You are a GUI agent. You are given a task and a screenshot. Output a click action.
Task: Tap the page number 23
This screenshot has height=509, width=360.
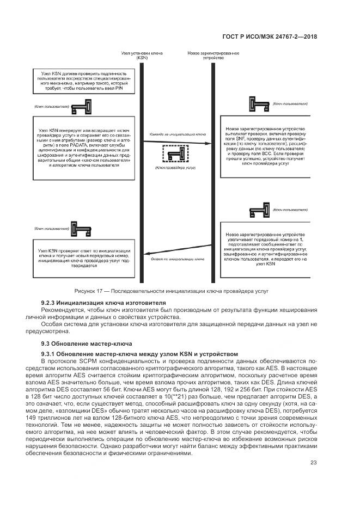[x=313, y=463]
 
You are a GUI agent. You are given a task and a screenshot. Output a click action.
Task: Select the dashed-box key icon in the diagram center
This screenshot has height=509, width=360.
[x=174, y=154]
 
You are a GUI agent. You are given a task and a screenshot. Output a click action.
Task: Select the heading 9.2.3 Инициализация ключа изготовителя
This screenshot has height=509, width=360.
[x=103, y=303]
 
